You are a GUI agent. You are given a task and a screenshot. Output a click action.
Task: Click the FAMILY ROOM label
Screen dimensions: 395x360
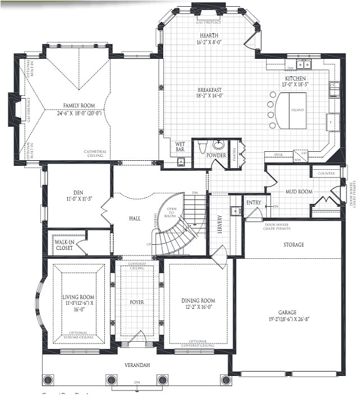coord(79,105)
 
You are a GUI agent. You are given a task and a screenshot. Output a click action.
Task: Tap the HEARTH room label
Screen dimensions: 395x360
coord(209,35)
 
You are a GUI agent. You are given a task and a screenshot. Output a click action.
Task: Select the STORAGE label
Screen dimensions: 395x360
coord(293,245)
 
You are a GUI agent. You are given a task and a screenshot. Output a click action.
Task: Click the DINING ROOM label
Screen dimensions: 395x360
coord(198,300)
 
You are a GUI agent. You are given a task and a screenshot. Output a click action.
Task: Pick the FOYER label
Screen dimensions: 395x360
coord(137,303)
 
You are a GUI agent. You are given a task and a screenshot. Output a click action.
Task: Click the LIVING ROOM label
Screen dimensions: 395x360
coord(79,297)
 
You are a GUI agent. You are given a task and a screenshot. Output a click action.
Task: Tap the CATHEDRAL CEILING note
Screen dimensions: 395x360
coord(95,155)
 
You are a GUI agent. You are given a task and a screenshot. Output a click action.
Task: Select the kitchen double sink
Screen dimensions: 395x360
coord(305,63)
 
